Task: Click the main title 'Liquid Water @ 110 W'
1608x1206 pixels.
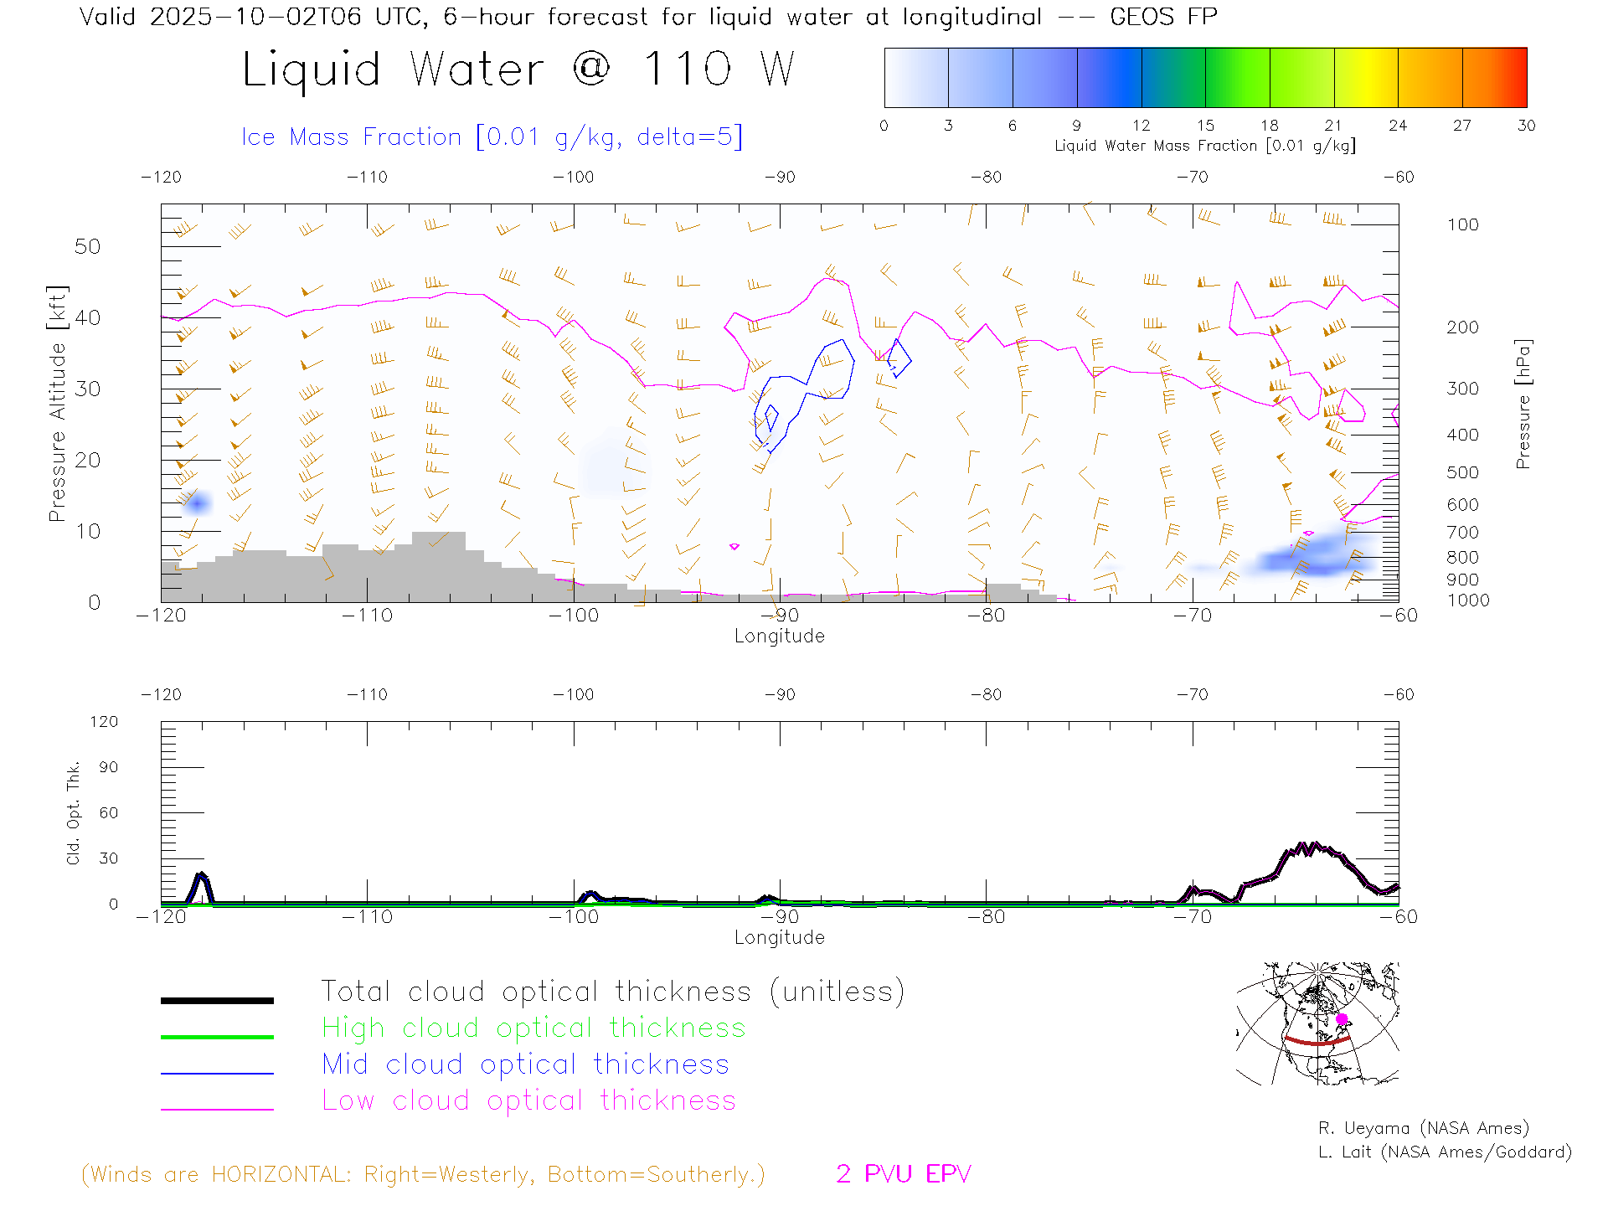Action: click(x=518, y=69)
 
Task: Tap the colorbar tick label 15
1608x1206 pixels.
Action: click(x=1205, y=126)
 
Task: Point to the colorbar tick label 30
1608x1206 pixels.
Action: click(x=1526, y=126)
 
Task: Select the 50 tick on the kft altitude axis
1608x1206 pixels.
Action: click(x=87, y=246)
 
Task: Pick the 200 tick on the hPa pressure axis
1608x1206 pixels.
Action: click(x=1462, y=327)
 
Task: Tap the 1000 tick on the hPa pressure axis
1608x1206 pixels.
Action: click(x=1468, y=600)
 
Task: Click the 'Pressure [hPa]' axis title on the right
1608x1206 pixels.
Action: click(x=1523, y=404)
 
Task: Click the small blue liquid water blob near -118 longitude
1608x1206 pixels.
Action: click(x=198, y=503)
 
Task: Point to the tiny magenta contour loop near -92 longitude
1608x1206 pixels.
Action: click(x=734, y=546)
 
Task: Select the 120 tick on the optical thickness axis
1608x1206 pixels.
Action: click(x=105, y=722)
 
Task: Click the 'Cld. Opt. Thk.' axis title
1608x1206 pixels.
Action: click(x=74, y=812)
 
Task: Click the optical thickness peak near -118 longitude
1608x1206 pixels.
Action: click(x=201, y=876)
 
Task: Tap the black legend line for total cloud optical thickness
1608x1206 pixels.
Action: click(x=217, y=1000)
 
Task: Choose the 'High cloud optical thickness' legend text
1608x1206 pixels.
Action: click(x=533, y=1028)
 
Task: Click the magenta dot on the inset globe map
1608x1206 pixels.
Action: click(x=1342, y=1019)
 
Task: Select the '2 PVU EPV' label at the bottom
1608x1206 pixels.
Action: click(x=903, y=1174)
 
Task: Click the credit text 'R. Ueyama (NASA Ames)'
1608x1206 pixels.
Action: click(x=1423, y=1128)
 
